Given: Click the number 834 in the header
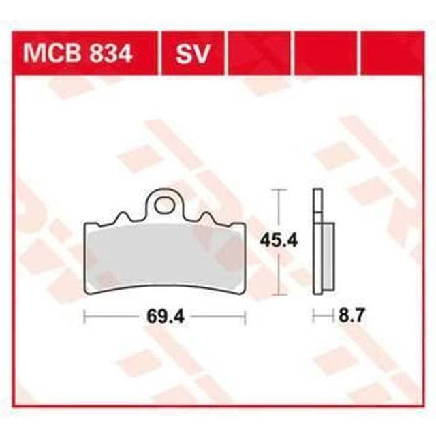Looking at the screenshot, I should pyautogui.click(x=110, y=53).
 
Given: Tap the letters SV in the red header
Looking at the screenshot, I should pyautogui.click(x=192, y=53).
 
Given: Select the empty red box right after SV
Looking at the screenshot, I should pyautogui.click(x=259, y=52).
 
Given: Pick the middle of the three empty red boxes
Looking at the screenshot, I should pyautogui.click(x=325, y=52).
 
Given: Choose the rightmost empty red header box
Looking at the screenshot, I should pyautogui.click(x=390, y=52).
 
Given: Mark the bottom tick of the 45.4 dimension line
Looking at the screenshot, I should pyautogui.click(x=277, y=294).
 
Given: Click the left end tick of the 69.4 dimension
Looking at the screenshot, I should pyautogui.click(x=84, y=316).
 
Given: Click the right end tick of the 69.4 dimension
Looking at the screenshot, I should pyautogui.click(x=244, y=316).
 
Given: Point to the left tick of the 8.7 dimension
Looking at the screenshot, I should pyautogui.click(x=313, y=316).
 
